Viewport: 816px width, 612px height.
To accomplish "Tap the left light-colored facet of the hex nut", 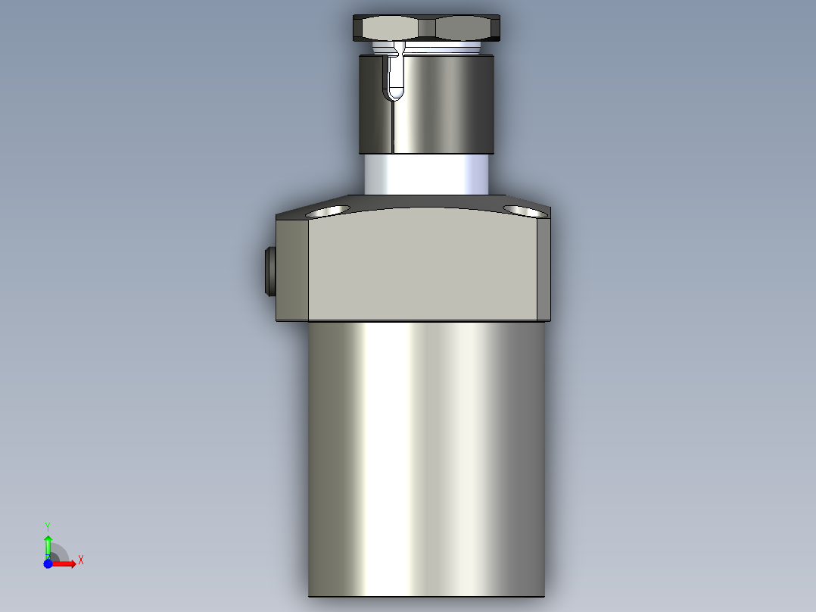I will [x=390, y=29].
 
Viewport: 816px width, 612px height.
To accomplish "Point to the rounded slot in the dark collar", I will [x=395, y=81].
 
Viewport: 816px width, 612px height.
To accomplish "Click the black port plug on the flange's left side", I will [x=269, y=270].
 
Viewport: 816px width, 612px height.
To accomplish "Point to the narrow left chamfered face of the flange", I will [x=293, y=269].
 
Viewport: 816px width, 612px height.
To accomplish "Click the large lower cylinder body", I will [x=425, y=454].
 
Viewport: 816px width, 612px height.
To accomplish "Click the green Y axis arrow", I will [x=48, y=544].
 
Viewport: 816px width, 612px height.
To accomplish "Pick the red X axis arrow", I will [x=66, y=564].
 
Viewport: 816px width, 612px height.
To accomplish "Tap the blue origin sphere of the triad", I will [x=48, y=564].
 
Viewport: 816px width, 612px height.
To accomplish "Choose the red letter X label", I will [x=81, y=560].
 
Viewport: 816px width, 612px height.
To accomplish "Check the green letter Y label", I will [x=48, y=526].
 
